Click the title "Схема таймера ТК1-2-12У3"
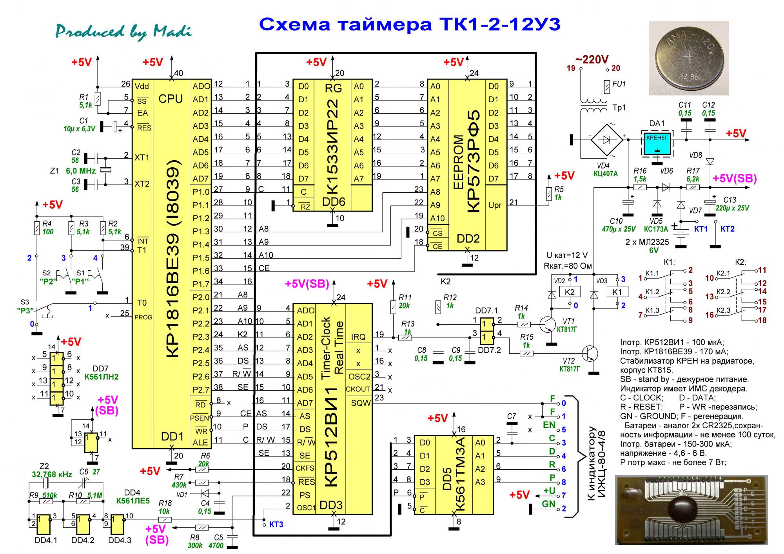pyautogui.click(x=410, y=24)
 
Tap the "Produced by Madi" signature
pyautogui.click(x=123, y=31)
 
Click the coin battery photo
pyautogui.click(x=689, y=58)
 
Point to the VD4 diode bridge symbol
pyautogui.click(x=606, y=139)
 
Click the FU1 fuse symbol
pyautogui.click(x=607, y=87)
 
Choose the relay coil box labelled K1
pyautogui.click(x=617, y=292)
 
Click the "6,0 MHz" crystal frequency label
pyautogui.click(x=81, y=171)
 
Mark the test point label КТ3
pyautogui.click(x=276, y=524)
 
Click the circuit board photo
pyautogui.click(x=691, y=510)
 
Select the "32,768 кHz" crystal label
pyautogui.click(x=52, y=474)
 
